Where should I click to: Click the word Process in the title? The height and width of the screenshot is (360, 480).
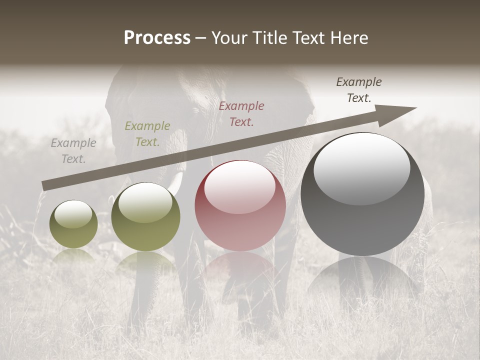pos(157,38)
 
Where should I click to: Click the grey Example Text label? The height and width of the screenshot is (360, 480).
pos(73,151)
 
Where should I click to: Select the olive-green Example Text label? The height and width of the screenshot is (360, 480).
pos(147,134)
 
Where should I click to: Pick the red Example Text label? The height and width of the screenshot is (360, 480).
pos(241,113)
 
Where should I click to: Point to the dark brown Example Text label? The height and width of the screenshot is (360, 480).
pos(359,90)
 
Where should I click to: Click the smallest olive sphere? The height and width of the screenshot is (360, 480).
pos(73,224)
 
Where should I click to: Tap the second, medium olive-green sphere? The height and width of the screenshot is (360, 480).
pos(145,217)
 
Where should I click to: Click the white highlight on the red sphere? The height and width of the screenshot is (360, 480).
pos(240,186)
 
